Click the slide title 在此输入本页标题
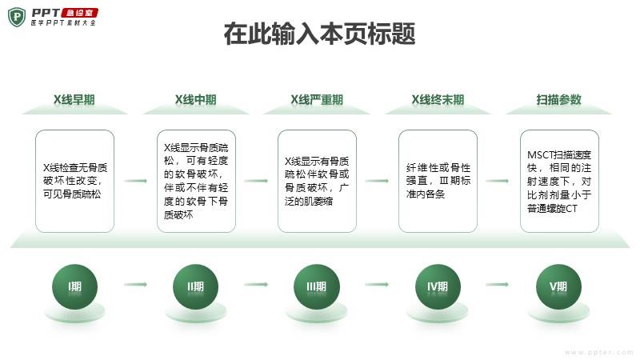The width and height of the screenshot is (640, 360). point(319,34)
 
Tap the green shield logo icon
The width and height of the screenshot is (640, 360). point(17,18)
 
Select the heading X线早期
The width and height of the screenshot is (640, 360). point(74,99)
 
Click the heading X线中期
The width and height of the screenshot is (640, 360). point(195,99)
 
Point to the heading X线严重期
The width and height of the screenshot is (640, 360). point(317,99)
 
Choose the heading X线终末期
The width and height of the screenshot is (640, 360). point(438,99)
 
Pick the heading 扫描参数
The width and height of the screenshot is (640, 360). point(558,99)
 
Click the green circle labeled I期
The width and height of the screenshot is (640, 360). point(74,286)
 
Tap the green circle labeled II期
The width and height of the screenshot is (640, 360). point(195,286)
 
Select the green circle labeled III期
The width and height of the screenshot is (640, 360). point(317,286)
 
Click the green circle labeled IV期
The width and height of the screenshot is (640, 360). point(438,286)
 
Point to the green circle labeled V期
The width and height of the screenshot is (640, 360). point(558,286)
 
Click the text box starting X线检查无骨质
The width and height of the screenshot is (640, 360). point(74,182)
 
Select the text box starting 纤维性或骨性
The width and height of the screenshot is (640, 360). point(438,182)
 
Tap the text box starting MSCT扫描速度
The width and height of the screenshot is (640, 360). point(559,182)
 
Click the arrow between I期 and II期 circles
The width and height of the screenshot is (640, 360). point(135,285)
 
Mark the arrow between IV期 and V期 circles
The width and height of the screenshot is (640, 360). point(498,285)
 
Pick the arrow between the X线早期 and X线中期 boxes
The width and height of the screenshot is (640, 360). point(135,181)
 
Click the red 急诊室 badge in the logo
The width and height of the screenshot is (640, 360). point(79,13)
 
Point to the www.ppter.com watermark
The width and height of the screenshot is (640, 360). point(599,352)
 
